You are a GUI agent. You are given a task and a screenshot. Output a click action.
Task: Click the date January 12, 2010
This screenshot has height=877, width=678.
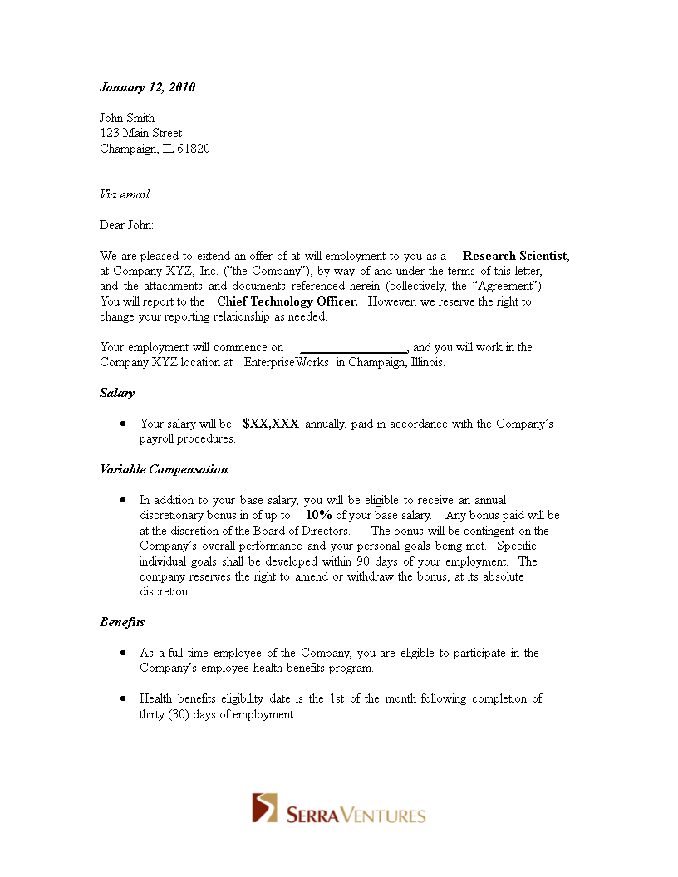(147, 87)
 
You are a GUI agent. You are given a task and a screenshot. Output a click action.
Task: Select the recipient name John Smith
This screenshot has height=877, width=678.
(127, 118)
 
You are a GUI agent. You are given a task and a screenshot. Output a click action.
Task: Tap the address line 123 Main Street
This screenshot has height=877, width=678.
(140, 133)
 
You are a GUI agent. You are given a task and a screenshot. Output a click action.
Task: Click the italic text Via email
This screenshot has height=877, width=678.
(125, 194)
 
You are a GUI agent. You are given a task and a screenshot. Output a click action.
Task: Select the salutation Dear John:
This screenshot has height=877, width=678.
(126, 225)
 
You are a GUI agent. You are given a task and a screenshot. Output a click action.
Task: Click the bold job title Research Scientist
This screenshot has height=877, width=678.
(515, 256)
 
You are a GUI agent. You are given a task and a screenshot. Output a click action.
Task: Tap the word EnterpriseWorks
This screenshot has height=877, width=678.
(287, 362)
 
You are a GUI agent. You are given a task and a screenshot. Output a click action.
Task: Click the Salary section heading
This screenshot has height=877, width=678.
(117, 393)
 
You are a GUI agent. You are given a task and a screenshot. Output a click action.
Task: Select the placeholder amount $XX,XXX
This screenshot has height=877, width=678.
(271, 424)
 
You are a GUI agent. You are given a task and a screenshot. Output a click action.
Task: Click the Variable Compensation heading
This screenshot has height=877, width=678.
(164, 469)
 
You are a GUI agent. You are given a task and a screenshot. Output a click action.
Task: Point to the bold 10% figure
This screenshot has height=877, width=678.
(319, 515)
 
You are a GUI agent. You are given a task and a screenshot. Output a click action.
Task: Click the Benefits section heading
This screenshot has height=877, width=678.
(122, 622)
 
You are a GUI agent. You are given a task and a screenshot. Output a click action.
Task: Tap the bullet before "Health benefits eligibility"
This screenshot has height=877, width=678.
(123, 698)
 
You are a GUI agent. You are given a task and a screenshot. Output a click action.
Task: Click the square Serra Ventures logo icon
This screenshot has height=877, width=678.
(265, 808)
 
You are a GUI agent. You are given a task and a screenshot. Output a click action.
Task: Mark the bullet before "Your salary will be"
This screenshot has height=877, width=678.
(123, 424)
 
